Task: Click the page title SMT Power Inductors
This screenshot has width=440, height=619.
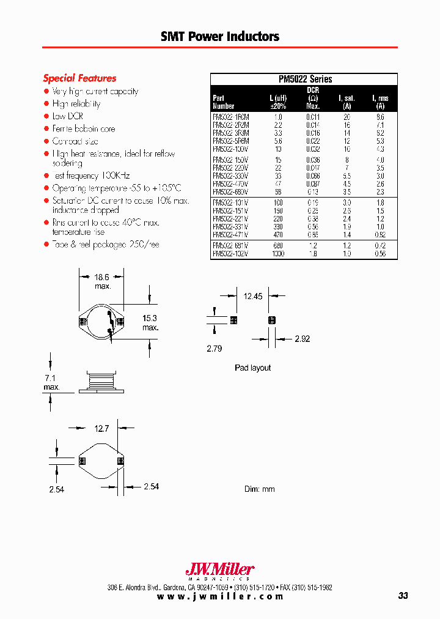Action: (220, 37)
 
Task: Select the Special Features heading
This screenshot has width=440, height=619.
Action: (79, 78)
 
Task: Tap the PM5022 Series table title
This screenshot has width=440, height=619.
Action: (304, 79)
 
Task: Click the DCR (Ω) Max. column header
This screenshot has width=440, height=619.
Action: (312, 98)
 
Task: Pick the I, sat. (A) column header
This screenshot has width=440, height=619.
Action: (346, 102)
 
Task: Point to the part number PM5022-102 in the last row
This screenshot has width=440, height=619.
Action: (230, 254)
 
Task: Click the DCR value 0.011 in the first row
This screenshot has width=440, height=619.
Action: (312, 116)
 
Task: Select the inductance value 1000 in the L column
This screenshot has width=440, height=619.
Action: (278, 254)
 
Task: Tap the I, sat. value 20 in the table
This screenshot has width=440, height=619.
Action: (346, 116)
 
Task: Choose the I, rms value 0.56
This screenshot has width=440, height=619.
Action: (380, 254)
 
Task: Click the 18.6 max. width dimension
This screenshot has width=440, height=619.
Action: (101, 281)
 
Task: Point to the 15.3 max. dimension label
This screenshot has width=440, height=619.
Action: (150, 323)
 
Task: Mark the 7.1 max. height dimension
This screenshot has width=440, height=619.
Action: (51, 383)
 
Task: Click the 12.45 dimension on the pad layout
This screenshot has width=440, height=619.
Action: (252, 297)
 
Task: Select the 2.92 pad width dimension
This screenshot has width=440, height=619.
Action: (303, 338)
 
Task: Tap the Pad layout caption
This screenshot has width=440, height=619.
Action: (252, 368)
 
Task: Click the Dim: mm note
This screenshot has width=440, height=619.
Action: (260, 489)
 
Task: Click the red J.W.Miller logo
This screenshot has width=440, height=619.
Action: (219, 569)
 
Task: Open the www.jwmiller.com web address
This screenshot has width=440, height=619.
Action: (220, 596)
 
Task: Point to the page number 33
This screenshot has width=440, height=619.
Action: (402, 596)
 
